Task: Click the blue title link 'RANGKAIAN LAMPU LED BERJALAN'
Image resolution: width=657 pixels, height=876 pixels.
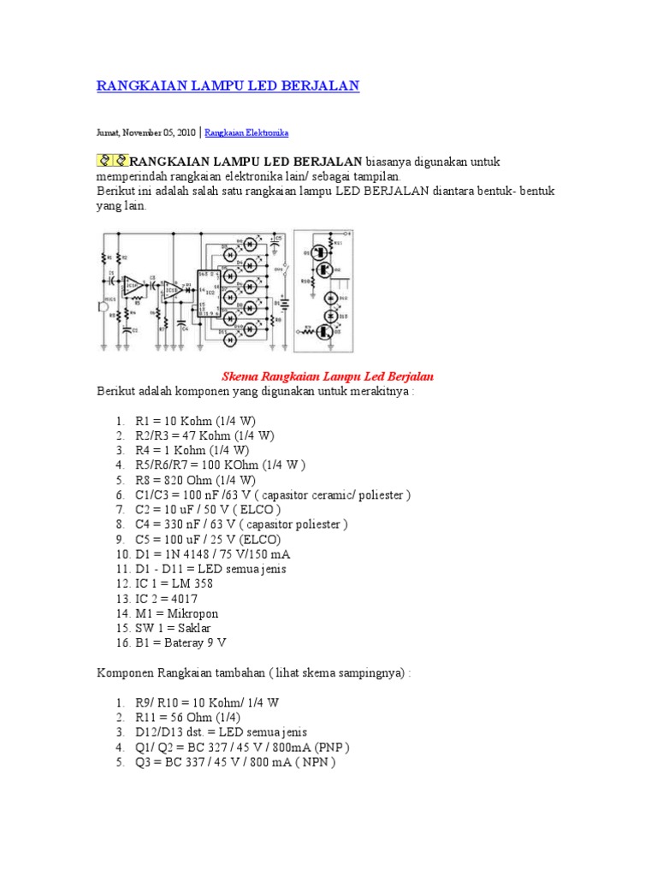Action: point(227,86)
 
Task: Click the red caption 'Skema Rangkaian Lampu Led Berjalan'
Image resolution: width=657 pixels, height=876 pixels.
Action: point(328,376)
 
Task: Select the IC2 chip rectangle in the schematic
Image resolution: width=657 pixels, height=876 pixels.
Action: point(209,294)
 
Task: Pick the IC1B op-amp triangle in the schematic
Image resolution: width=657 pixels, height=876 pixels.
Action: point(172,291)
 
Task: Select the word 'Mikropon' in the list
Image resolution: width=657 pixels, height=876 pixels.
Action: point(194,613)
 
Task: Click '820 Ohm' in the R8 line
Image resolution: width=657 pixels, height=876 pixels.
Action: point(185,480)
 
